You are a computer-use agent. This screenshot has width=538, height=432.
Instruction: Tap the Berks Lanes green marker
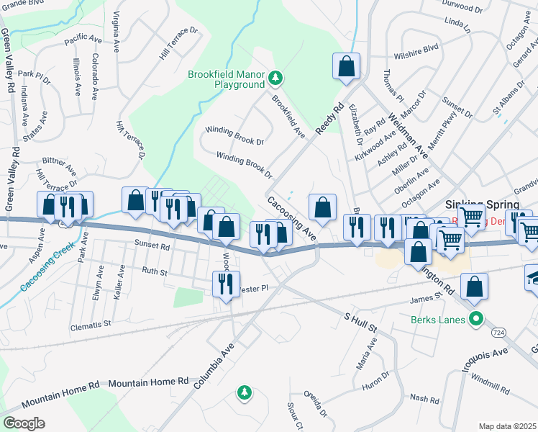[475, 318]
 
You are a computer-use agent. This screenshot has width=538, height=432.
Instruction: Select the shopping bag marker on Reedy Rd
[346, 66]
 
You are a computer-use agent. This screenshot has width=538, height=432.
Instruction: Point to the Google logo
[24, 423]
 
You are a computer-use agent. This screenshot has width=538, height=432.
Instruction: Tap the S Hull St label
[361, 321]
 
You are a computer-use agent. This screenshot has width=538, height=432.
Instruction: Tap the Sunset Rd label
[151, 246]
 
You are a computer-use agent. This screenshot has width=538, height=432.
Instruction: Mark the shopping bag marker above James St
[475, 288]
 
